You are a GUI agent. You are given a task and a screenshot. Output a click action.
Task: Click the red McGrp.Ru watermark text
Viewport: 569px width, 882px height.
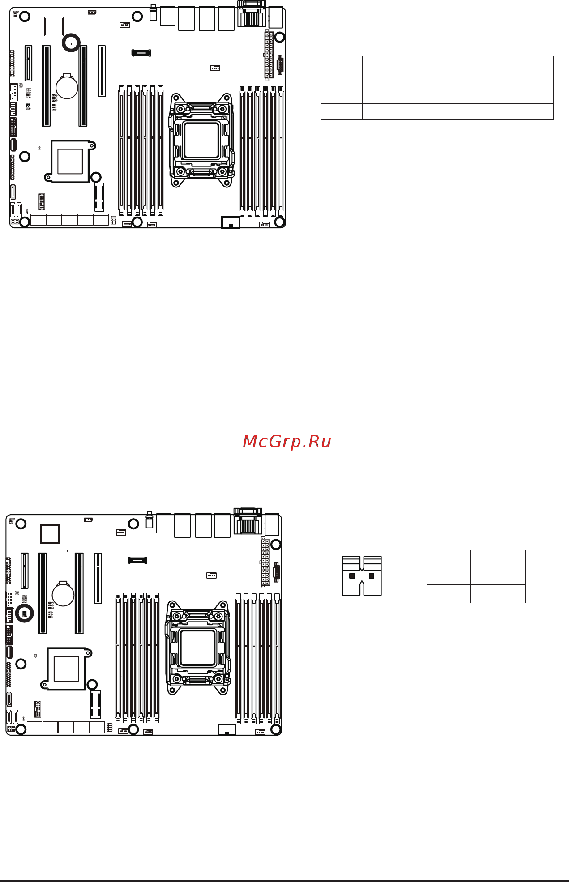287,442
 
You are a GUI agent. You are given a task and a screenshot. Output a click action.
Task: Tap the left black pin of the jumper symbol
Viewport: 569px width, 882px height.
352,575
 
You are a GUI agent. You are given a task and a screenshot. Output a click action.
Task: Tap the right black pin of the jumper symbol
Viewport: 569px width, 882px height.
371,575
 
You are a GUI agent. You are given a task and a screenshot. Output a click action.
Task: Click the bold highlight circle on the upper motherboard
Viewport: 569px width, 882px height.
71,43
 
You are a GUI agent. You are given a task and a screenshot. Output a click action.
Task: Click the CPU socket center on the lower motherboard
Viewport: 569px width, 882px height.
197,647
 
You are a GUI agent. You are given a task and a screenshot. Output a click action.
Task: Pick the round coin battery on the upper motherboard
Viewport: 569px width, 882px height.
67,86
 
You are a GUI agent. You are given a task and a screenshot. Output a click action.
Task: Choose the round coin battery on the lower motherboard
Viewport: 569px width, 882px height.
63,593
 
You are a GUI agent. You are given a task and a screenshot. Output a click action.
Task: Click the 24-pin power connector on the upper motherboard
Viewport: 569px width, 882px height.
269,54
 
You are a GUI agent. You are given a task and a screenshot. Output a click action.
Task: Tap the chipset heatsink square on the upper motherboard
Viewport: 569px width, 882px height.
70,161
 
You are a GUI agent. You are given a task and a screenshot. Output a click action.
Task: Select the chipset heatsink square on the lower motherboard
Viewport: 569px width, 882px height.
66,669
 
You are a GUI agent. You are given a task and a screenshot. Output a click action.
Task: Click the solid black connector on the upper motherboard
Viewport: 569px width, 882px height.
141,53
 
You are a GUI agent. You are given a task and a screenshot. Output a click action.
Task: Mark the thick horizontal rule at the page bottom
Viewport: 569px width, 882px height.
284,881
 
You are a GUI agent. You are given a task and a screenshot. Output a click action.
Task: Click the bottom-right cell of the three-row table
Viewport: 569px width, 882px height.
497,594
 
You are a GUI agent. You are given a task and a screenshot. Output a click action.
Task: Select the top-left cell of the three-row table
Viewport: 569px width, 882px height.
448,558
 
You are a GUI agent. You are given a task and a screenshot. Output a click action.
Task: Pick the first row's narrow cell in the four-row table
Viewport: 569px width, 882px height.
342,64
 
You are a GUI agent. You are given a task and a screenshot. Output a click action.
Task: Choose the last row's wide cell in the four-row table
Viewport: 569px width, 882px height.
458,111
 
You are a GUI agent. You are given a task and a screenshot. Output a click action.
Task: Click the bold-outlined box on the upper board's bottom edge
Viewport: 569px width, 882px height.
231,222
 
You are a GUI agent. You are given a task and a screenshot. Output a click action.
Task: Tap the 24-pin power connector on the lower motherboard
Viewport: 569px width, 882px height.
265,561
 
